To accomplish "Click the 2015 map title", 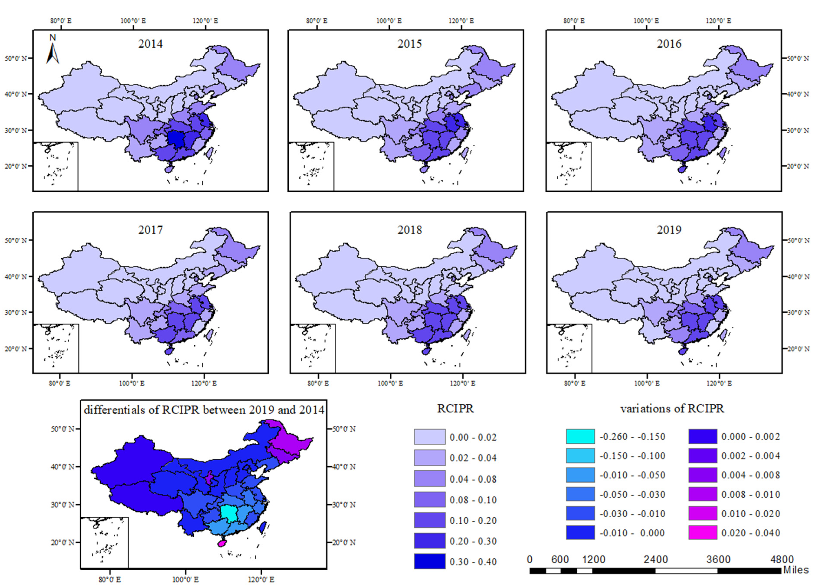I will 409,44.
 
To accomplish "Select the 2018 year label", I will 409,230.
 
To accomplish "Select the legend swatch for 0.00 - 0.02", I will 429,437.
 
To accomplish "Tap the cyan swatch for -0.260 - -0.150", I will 580,436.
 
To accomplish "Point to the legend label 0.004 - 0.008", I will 750,475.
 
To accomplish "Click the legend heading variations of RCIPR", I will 672,409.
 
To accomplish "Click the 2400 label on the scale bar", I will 655,559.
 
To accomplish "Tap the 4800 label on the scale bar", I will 782,559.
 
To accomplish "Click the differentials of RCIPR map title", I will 204,410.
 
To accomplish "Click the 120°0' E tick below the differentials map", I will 261,579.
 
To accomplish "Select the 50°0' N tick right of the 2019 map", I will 797,240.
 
